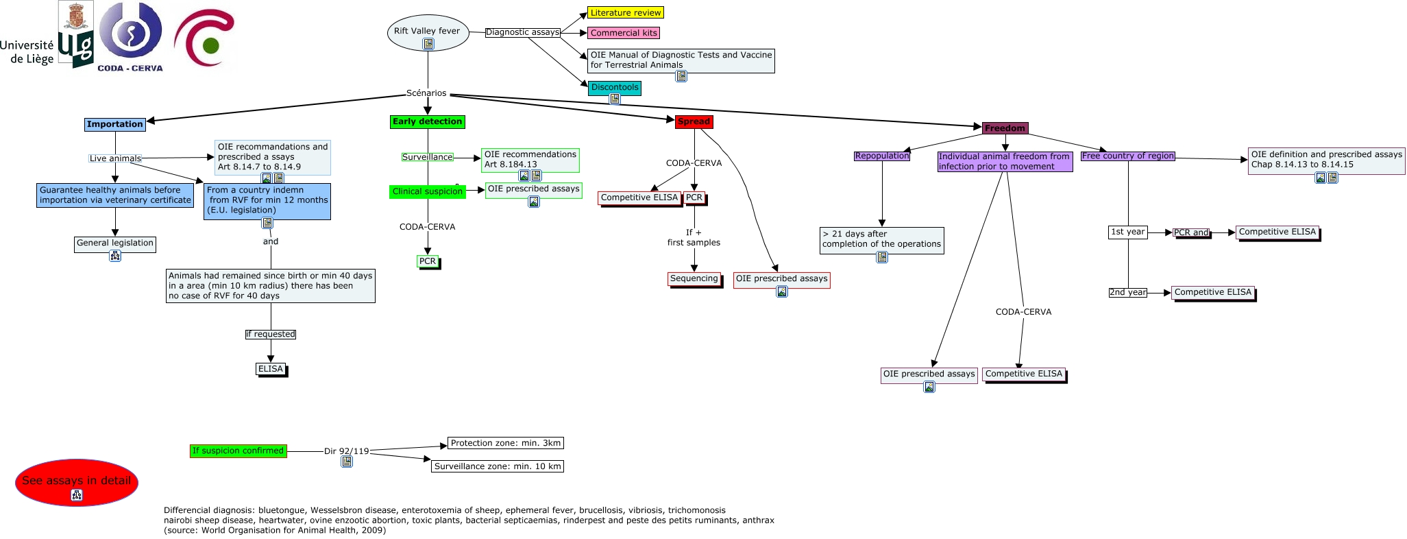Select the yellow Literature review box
626,12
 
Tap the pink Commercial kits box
624,33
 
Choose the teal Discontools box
615,88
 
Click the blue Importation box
115,124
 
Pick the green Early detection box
428,122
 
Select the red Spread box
694,122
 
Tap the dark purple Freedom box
1005,128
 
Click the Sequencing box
694,278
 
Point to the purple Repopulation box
882,156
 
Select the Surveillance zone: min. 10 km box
498,466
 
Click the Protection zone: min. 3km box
506,443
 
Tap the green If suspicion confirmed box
238,451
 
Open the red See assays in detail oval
77,483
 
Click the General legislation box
115,243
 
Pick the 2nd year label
1128,292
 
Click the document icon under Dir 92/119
347,462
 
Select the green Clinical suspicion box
428,191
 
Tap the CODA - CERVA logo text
130,68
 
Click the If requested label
271,334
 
